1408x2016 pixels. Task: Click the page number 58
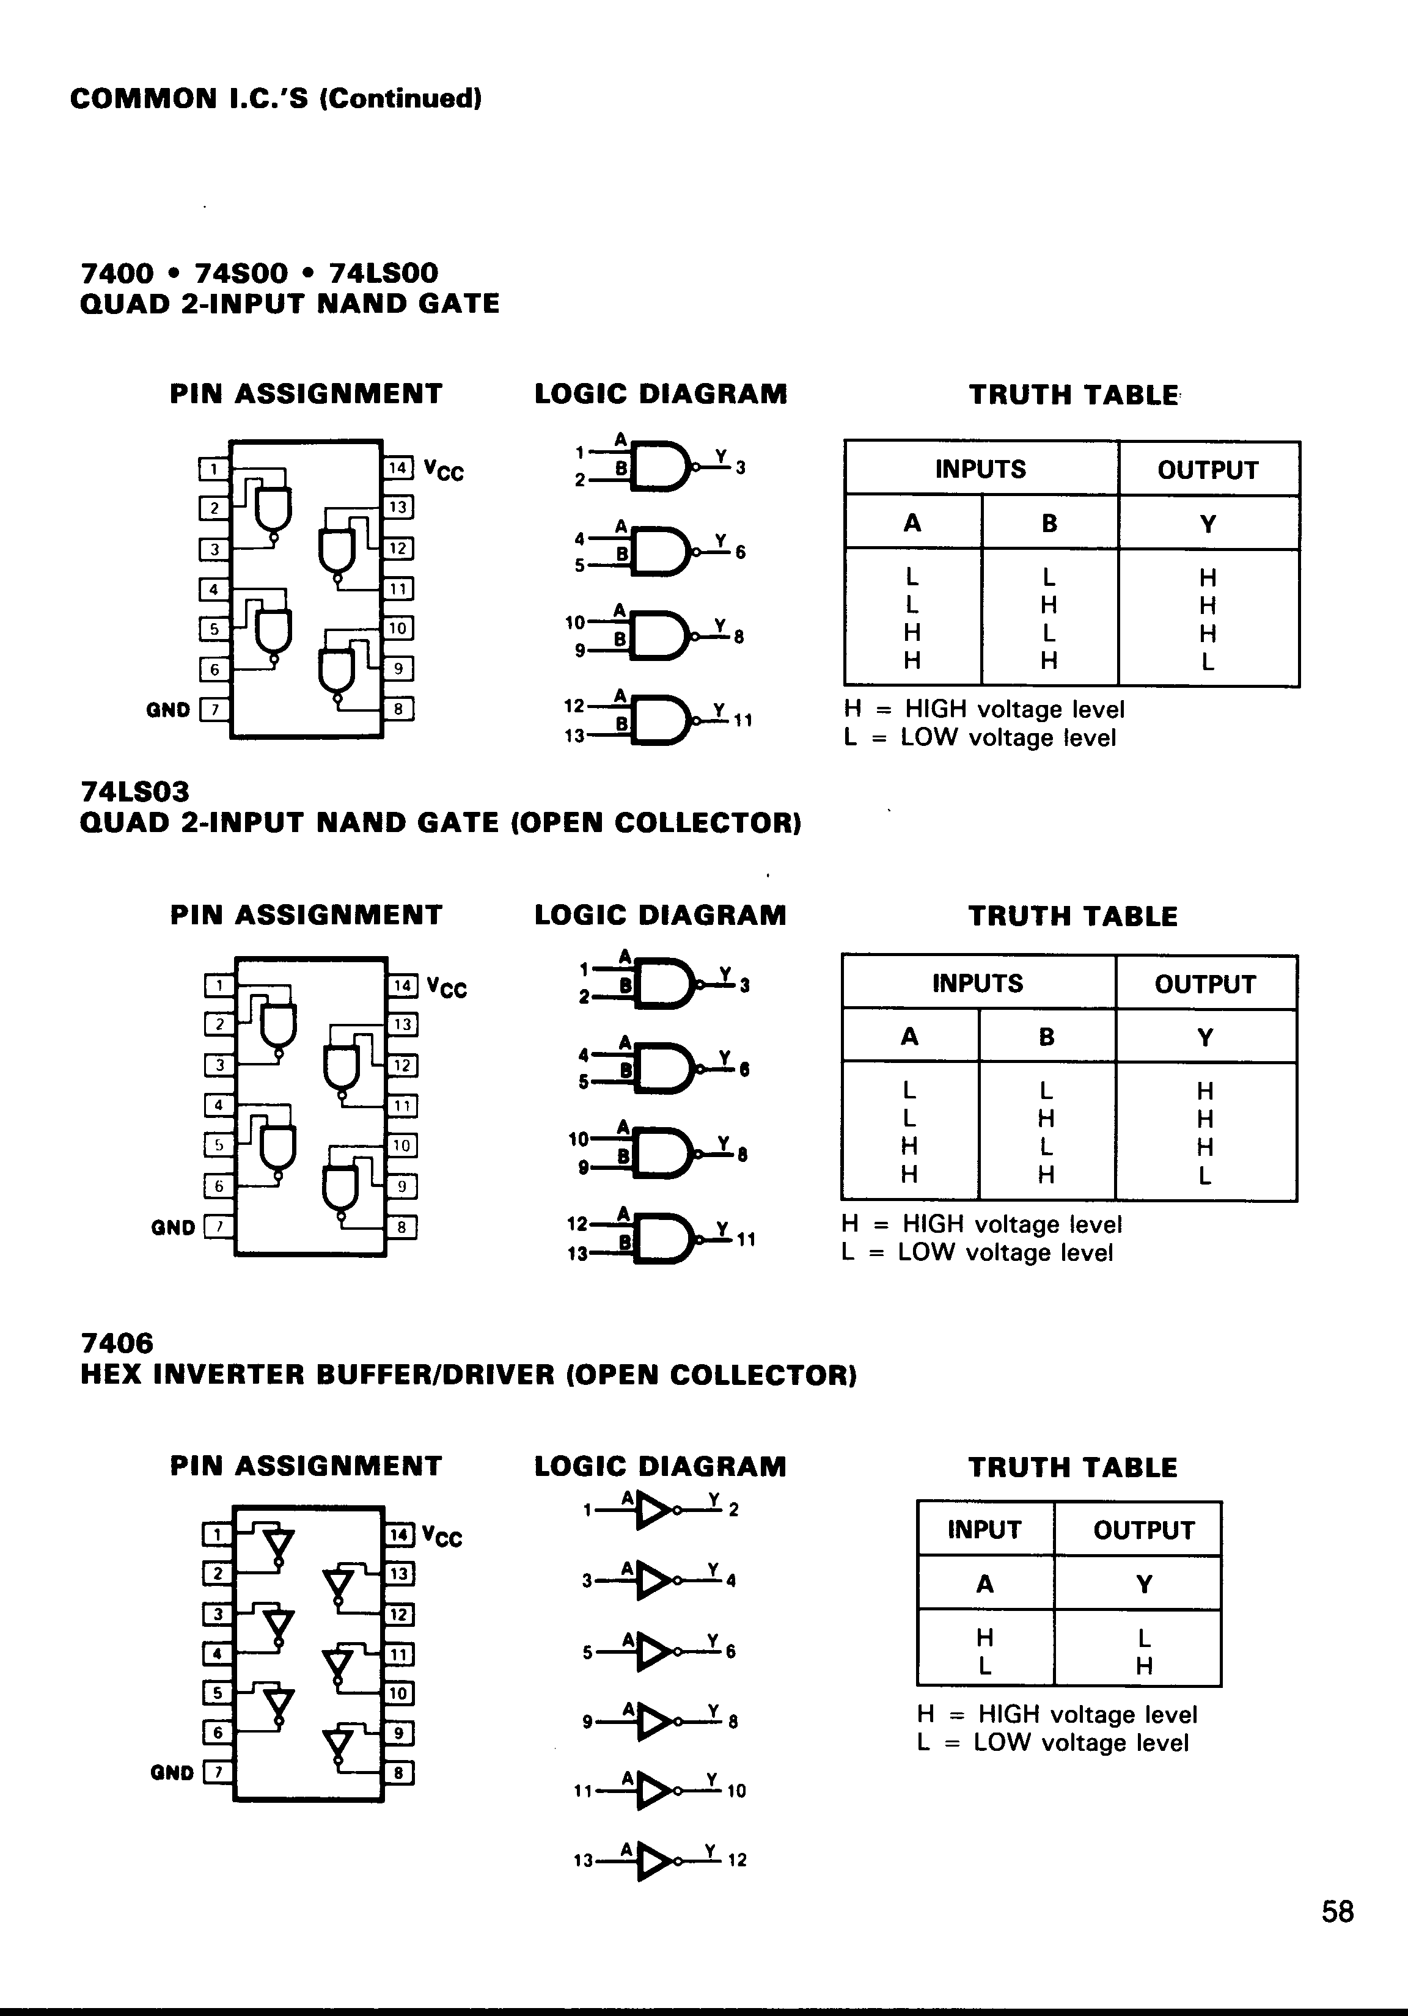click(x=1337, y=1912)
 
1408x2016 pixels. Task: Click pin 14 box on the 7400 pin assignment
click(x=397, y=468)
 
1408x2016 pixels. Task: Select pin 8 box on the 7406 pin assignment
click(x=398, y=1773)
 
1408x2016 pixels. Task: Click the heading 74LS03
click(x=134, y=792)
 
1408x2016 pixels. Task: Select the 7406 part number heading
click(x=117, y=1343)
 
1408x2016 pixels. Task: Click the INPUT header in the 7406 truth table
click(x=984, y=1530)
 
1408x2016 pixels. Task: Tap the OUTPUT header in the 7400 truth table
click(x=1208, y=470)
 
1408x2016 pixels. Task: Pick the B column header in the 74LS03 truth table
click(x=1046, y=1037)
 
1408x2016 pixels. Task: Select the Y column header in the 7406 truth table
click(x=1143, y=1585)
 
